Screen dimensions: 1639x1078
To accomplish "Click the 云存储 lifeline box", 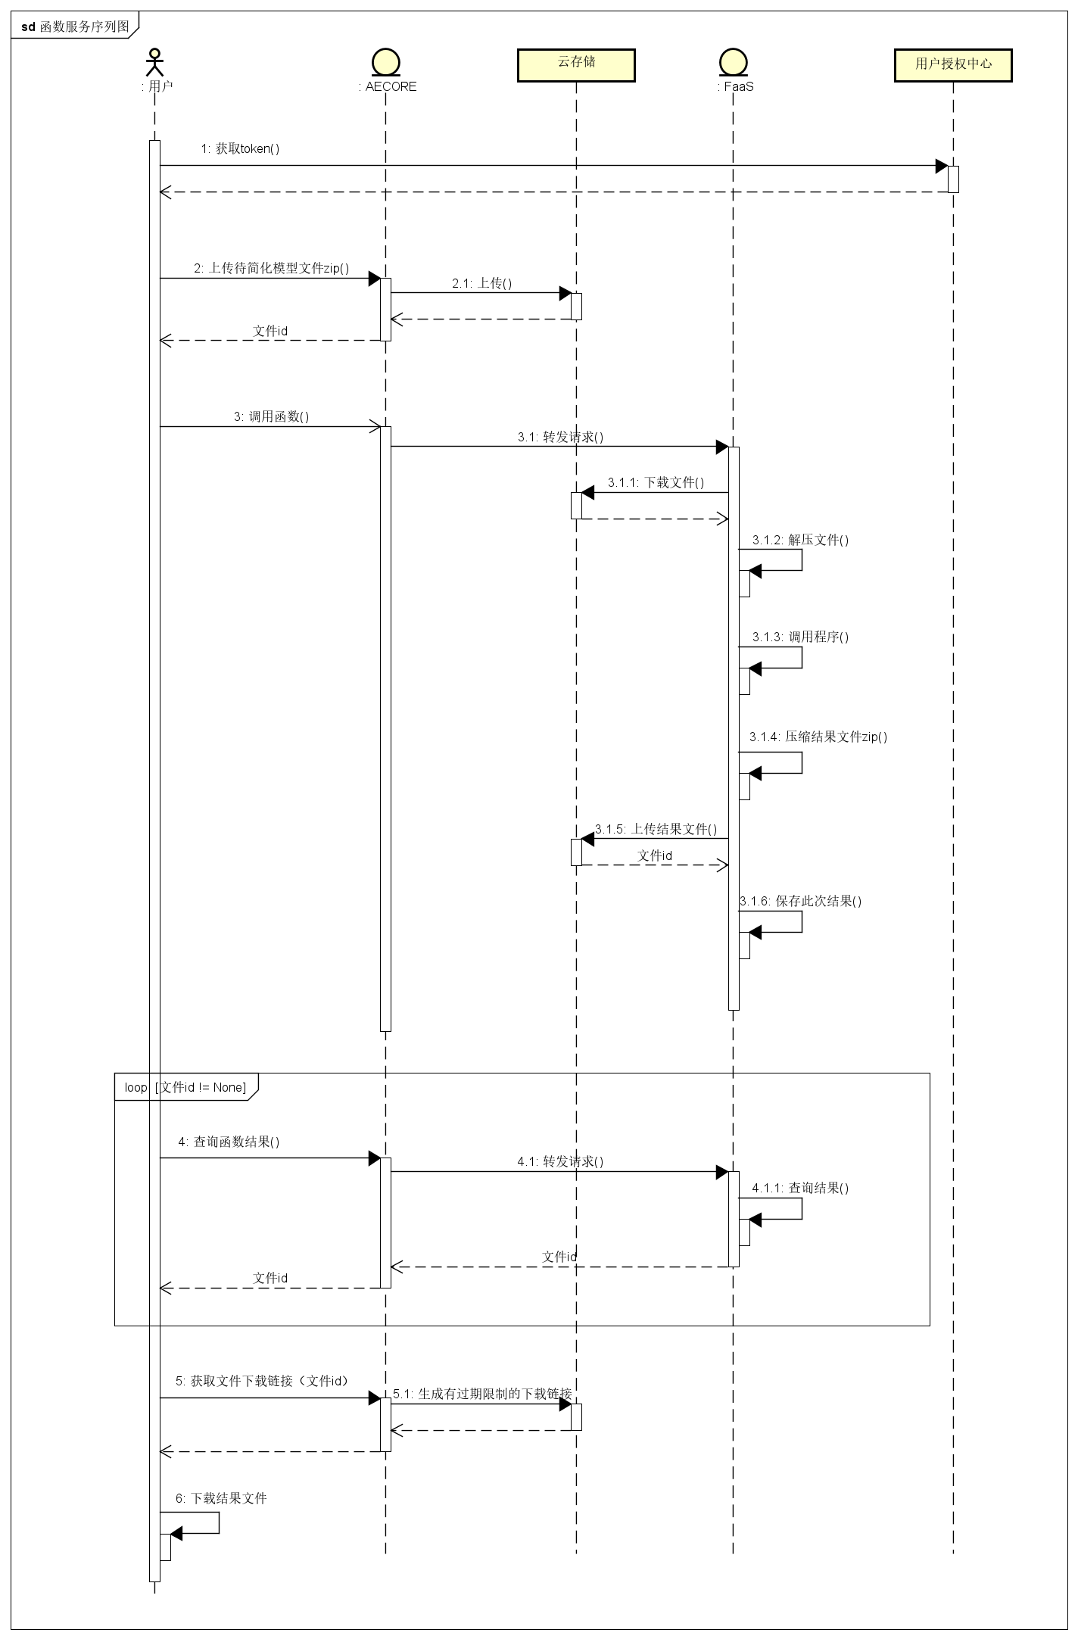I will pyautogui.click(x=576, y=65).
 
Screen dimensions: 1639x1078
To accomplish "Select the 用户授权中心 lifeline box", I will pyautogui.click(x=953, y=65).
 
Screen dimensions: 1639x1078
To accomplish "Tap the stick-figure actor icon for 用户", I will pyautogui.click(x=154, y=62).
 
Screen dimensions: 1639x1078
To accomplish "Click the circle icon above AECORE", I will pyautogui.click(x=386, y=62).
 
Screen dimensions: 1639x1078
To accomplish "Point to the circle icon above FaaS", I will pyautogui.click(x=733, y=62).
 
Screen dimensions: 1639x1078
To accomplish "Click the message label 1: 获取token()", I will pyautogui.click(x=240, y=149).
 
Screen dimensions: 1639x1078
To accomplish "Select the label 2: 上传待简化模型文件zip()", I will pyautogui.click(x=271, y=269).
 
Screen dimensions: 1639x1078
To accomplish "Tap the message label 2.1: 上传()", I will pyautogui.click(x=481, y=284).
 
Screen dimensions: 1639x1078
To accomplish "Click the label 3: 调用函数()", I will pyautogui.click(x=271, y=417).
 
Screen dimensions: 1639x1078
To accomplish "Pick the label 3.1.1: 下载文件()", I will pyautogui.click(x=656, y=483).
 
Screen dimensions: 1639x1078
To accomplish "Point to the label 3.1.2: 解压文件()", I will pyautogui.click(x=800, y=541).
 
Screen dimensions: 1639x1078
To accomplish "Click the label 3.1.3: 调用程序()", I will pyautogui.click(x=800, y=637).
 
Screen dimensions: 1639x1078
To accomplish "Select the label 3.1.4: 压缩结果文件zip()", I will pyautogui.click(x=818, y=737).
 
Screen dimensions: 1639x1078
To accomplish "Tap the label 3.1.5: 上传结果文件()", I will pyautogui.click(x=656, y=830).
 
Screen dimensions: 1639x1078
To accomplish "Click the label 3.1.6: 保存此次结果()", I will pyautogui.click(x=800, y=902).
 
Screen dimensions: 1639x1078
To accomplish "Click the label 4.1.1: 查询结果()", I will pyautogui.click(x=800, y=1189).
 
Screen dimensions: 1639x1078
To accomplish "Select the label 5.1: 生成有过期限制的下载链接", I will pyautogui.click(x=482, y=1394).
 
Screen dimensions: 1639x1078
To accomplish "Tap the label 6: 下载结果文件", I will pyautogui.click(x=221, y=1498).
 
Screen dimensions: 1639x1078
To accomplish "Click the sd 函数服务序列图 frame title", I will pyautogui.click(x=75, y=27).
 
